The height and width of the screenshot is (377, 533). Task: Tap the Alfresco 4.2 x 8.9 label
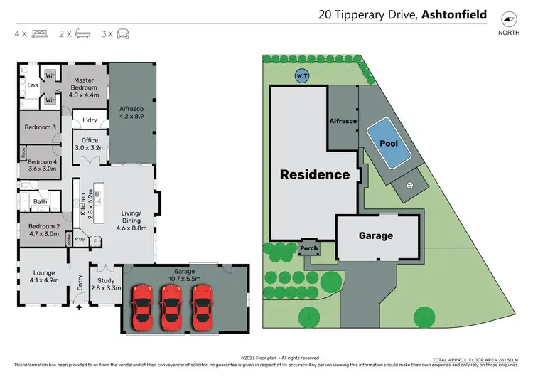click(x=131, y=110)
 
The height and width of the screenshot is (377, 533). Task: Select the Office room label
click(x=90, y=144)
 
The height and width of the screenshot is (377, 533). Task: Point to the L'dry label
click(x=90, y=120)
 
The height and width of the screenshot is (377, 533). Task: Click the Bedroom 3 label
click(x=40, y=127)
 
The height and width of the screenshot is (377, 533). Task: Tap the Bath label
click(x=41, y=201)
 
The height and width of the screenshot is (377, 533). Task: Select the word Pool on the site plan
click(x=388, y=143)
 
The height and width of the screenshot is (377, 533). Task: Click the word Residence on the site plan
click(x=314, y=174)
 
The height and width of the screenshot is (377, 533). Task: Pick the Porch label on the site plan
click(x=309, y=248)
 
